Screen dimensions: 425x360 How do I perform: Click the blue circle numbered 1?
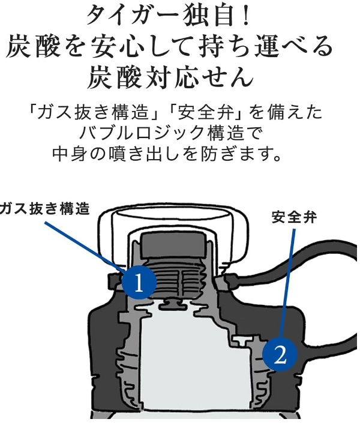click(139, 281)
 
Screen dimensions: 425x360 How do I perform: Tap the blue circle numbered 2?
click(280, 354)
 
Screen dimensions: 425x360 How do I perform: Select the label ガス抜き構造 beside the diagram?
click(45, 209)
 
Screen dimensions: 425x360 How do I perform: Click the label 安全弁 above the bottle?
click(293, 217)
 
